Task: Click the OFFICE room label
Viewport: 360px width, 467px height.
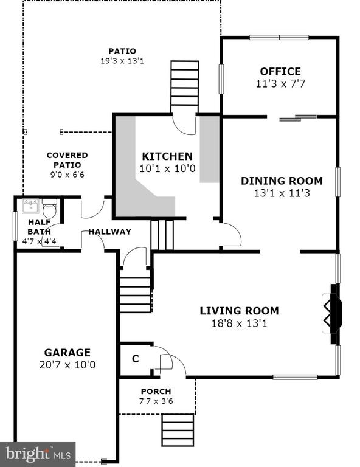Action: coord(280,72)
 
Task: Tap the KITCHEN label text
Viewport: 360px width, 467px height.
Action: coord(167,156)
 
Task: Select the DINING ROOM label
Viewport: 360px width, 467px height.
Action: coord(282,181)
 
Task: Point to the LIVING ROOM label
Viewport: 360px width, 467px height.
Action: coord(239,311)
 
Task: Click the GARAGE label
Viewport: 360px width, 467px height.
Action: coord(67,353)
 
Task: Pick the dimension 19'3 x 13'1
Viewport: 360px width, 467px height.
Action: coord(122,61)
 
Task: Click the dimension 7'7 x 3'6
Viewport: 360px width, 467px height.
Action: coord(156,401)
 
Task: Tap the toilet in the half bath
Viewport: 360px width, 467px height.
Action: coord(49,208)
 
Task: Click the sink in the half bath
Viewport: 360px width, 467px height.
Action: coord(30,206)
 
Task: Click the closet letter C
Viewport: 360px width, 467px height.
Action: coord(136,359)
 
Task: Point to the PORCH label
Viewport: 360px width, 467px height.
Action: coord(156,392)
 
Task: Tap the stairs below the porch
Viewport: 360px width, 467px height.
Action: coord(178,430)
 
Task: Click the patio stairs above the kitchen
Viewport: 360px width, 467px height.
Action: coord(185,88)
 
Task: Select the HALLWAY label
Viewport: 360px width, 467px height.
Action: coord(110,232)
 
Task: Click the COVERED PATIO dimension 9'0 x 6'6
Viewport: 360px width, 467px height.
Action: coord(67,175)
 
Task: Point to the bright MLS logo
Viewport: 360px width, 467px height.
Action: coord(38,454)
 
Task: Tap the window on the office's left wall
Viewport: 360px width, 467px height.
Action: coord(221,79)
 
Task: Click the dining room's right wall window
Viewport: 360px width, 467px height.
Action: coord(337,182)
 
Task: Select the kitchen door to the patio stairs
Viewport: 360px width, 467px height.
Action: coord(184,125)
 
